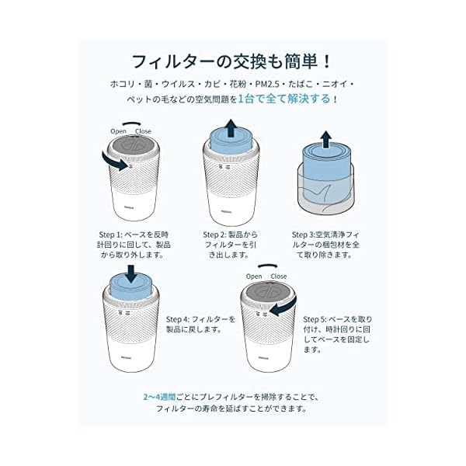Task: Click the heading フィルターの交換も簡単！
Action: click(233, 60)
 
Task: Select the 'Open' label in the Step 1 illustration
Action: click(118, 131)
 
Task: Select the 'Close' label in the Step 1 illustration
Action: click(144, 131)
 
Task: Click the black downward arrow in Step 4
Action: click(130, 273)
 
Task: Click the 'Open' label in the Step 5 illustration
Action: click(254, 276)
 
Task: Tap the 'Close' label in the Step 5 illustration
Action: click(279, 276)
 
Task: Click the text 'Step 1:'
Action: click(110, 234)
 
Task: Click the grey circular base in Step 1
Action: click(130, 149)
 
